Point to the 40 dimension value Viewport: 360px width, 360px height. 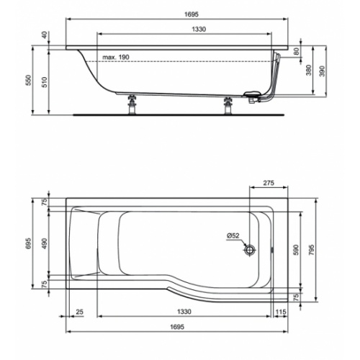(44, 35)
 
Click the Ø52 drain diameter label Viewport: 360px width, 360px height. (232, 235)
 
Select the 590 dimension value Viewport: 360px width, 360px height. (295, 248)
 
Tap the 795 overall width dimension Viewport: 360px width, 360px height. (312, 248)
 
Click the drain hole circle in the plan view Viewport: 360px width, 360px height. (250, 249)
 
